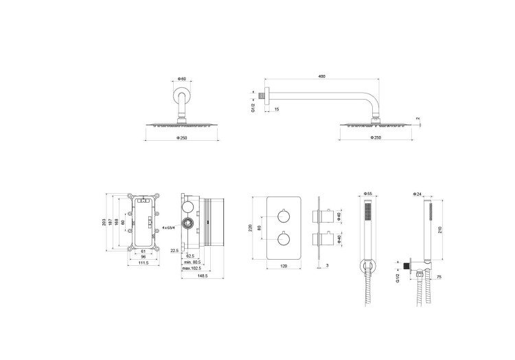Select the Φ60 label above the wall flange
tap(181, 78)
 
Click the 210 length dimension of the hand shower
tap(440, 229)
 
